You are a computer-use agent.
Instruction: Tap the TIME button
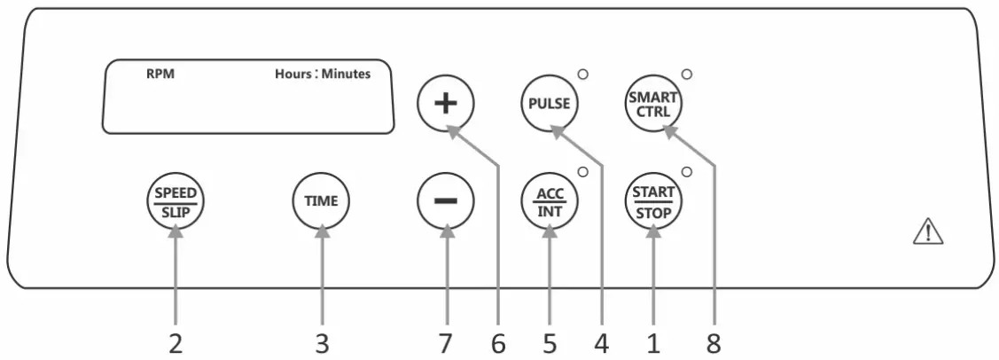321,200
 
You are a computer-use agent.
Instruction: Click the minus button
445,200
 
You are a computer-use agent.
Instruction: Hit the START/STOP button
654,200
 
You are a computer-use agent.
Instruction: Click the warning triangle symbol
927,232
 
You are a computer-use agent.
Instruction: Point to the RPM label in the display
160,74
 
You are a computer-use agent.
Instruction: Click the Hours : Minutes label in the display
323,74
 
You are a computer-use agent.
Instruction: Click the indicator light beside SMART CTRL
686,74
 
